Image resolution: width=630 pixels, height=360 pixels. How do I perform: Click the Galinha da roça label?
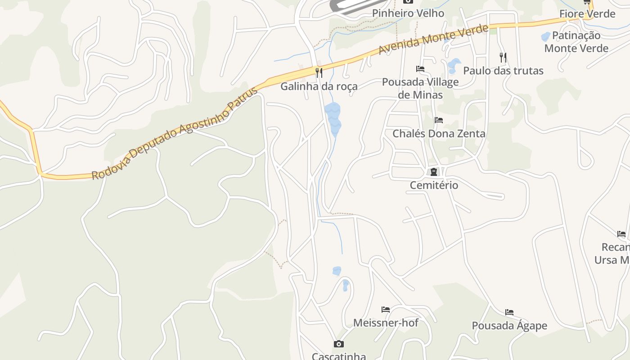pyautogui.click(x=319, y=86)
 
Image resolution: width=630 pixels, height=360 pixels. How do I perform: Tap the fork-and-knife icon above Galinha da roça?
pyautogui.click(x=319, y=72)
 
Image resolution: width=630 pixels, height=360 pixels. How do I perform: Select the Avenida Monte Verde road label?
pyautogui.click(x=433, y=40)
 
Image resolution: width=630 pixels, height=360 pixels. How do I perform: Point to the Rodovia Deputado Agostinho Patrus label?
pyautogui.click(x=175, y=134)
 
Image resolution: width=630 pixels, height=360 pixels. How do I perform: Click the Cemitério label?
pyautogui.click(x=434, y=185)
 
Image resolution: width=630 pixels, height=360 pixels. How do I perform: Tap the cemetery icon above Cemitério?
pyautogui.click(x=434, y=172)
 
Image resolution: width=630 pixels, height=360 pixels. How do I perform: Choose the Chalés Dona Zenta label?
pyautogui.click(x=439, y=134)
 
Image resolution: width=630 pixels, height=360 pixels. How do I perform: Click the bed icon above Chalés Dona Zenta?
pyautogui.click(x=439, y=120)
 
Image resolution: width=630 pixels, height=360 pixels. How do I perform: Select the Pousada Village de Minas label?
pyautogui.click(x=420, y=88)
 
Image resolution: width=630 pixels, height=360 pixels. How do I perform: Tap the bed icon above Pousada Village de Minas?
pyautogui.click(x=420, y=69)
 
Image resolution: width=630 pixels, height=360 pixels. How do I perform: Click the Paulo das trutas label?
pyautogui.click(x=503, y=71)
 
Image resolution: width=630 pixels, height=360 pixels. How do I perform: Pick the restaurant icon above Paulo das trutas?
pyautogui.click(x=503, y=57)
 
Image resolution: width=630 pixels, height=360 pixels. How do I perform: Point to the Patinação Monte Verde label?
pyautogui.click(x=576, y=42)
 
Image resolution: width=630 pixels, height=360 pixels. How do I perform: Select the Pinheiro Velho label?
pyautogui.click(x=408, y=13)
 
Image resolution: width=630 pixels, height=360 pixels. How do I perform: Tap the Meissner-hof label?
pyautogui.click(x=386, y=323)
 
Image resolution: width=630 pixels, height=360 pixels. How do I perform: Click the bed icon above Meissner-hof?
pyautogui.click(x=386, y=310)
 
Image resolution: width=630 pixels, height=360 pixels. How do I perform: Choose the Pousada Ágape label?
pyautogui.click(x=509, y=325)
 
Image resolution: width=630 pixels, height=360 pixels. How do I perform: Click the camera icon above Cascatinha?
pyautogui.click(x=339, y=344)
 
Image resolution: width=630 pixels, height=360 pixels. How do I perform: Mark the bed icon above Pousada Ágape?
pyautogui.click(x=509, y=312)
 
